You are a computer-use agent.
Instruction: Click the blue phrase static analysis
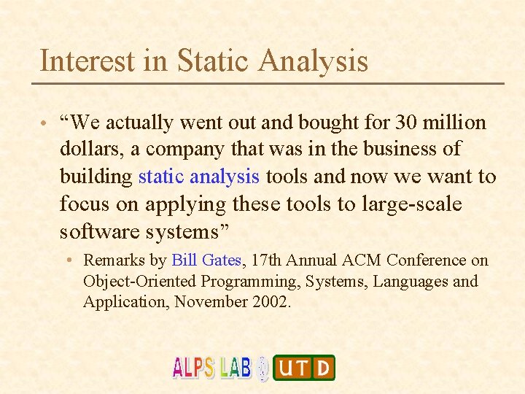click(x=198, y=177)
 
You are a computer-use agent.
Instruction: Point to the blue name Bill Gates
click(x=209, y=260)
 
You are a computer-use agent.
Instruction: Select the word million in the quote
click(x=454, y=123)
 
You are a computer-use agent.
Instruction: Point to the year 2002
click(x=269, y=302)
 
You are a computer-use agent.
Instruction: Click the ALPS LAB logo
click(x=211, y=367)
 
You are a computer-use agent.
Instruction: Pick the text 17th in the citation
click(x=271, y=260)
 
